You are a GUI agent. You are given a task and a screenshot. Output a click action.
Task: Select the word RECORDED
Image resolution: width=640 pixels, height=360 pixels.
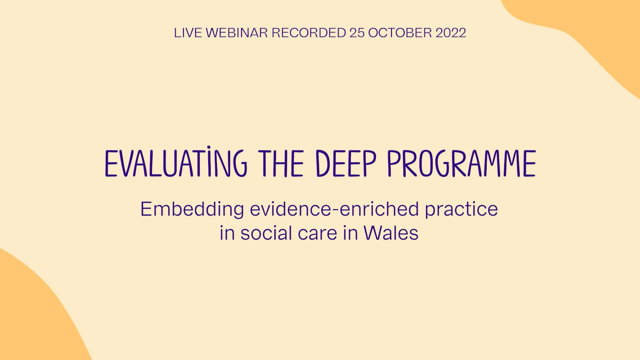(x=309, y=33)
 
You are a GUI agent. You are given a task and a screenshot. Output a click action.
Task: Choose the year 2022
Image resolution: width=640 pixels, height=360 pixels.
(x=451, y=33)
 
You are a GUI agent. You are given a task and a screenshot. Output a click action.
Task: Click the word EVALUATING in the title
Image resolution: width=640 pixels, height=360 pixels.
(x=176, y=164)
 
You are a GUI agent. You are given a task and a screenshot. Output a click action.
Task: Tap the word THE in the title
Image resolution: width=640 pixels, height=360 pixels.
(x=283, y=164)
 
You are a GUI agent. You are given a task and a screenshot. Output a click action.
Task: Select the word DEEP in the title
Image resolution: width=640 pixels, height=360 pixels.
(x=346, y=164)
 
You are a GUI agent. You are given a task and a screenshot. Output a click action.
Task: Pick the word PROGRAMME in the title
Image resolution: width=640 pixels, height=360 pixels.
(x=461, y=164)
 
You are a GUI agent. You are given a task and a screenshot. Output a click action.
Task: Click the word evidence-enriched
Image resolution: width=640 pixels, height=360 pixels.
(x=334, y=209)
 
